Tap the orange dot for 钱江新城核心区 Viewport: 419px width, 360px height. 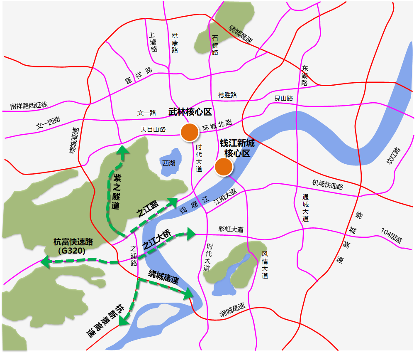tap(224, 167)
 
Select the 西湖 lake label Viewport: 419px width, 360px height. tap(169, 163)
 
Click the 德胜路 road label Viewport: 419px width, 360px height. tap(227, 95)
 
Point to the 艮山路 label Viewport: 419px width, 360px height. tap(284, 99)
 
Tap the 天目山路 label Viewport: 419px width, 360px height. tap(153, 130)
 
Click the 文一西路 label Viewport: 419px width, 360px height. tap(48, 122)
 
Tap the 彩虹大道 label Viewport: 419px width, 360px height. tap(231, 229)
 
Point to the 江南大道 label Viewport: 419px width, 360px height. tap(225, 196)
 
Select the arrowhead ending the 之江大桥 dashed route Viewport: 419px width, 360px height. tap(191, 234)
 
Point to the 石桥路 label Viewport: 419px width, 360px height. tap(215, 45)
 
